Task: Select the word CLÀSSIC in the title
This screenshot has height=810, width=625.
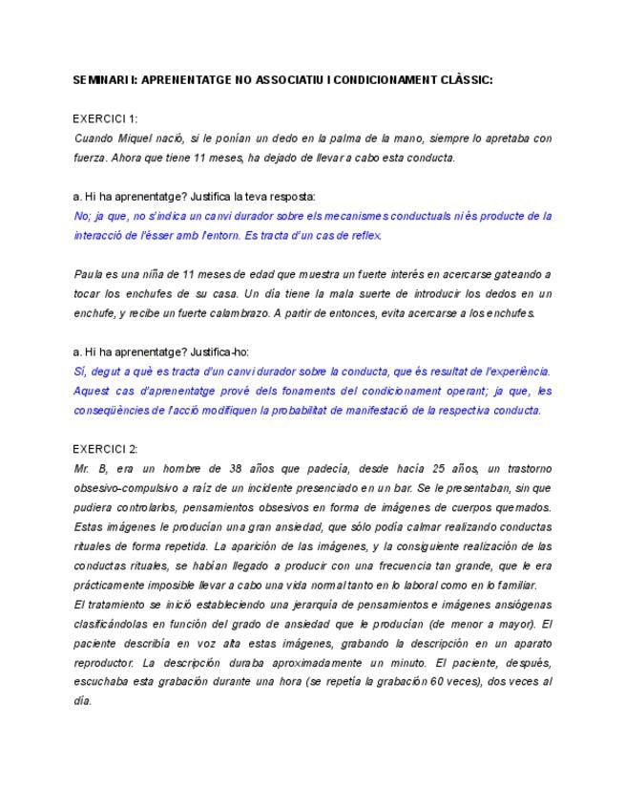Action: tap(462, 80)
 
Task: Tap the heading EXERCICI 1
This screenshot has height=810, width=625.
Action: tap(106, 118)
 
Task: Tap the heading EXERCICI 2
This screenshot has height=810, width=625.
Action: tap(106, 448)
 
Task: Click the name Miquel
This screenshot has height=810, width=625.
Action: tap(143, 139)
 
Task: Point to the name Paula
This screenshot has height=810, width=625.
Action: tap(88, 274)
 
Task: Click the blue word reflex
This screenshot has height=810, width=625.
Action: tap(365, 235)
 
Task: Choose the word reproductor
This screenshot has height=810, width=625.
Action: tap(104, 662)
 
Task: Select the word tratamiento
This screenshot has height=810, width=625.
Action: tap(122, 604)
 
